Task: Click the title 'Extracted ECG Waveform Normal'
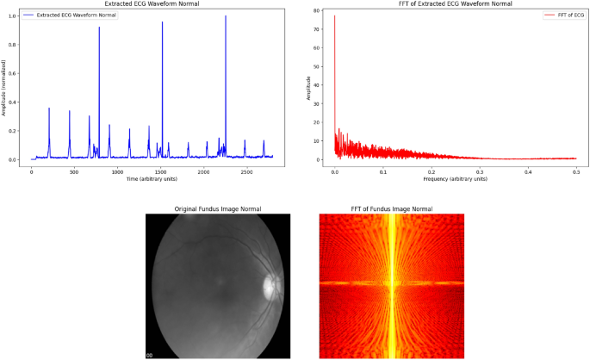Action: [x=152, y=4]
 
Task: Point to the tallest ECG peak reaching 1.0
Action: [x=226, y=16]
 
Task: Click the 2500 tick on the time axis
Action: [x=247, y=171]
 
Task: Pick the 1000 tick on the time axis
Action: [x=118, y=171]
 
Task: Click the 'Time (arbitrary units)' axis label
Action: [x=152, y=179]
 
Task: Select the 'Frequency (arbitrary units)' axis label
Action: [x=456, y=179]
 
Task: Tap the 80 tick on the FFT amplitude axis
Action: [x=317, y=10]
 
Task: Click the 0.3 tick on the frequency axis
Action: [x=480, y=171]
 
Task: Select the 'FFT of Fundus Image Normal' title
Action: [x=391, y=209]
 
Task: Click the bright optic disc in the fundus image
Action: [x=271, y=287]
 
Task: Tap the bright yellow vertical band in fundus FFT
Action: [x=391, y=284]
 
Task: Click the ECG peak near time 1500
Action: [x=162, y=23]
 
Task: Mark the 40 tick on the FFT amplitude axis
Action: [x=317, y=85]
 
